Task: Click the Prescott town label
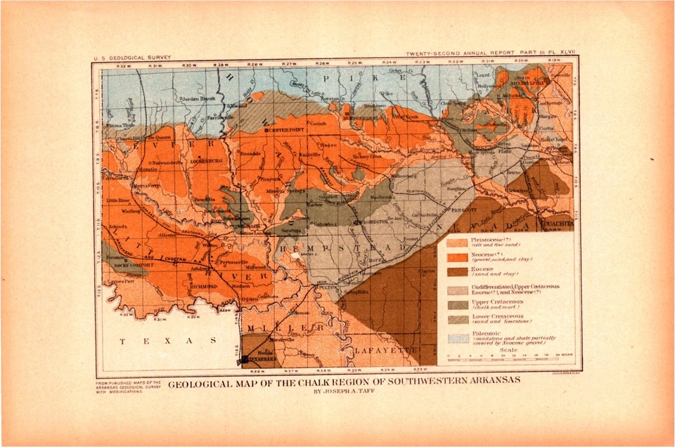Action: tap(446, 209)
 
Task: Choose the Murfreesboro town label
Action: tap(364, 117)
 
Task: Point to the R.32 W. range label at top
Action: tap(124, 65)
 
